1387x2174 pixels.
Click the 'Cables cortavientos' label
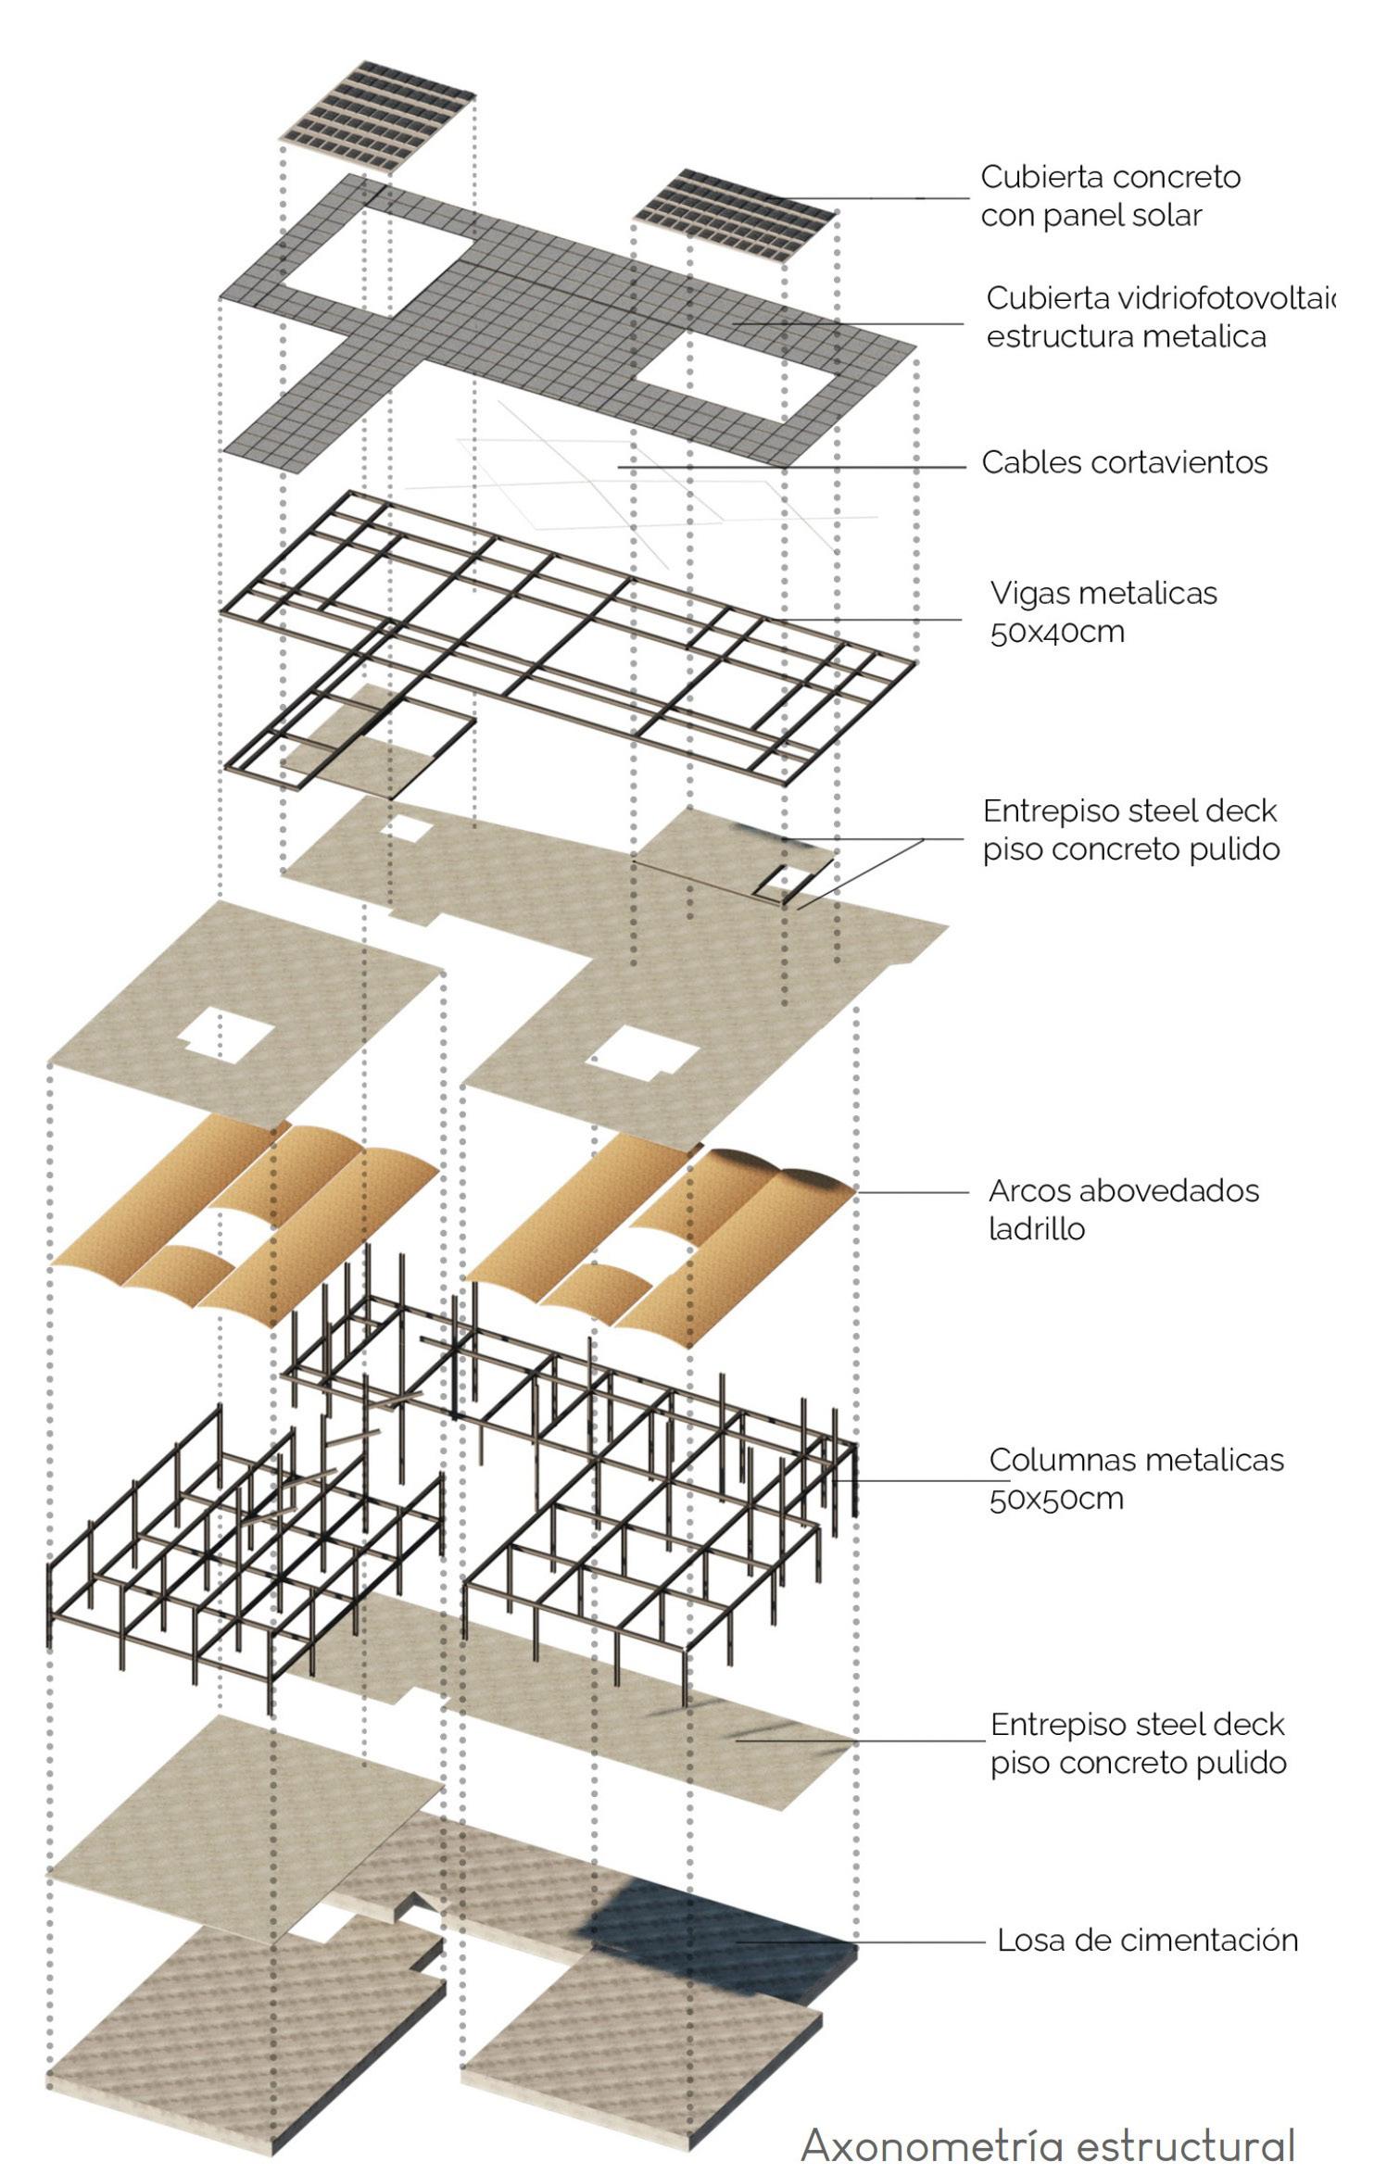click(x=1124, y=462)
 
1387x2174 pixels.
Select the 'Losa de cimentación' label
click(x=1147, y=1940)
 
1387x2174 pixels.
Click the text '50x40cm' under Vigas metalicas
click(x=1057, y=633)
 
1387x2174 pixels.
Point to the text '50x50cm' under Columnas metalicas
click(x=1056, y=1499)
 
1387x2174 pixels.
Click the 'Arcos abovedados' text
click(x=1124, y=1190)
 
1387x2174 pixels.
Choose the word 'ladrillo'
click(x=1036, y=1229)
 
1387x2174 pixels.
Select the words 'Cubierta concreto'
click(x=1110, y=177)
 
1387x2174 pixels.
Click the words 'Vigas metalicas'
click(x=1103, y=594)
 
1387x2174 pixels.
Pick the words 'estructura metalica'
click(x=1126, y=336)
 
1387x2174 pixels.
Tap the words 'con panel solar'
click(x=1091, y=216)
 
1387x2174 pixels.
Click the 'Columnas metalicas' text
click(x=1136, y=1460)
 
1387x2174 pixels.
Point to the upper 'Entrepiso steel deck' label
click(x=1129, y=811)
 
